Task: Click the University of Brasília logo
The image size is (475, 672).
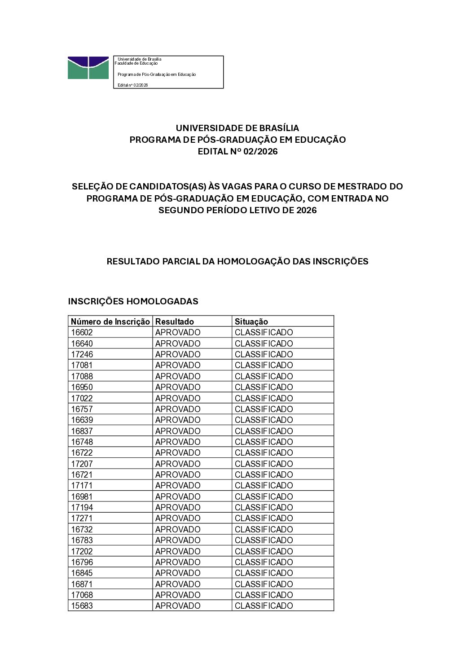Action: [x=88, y=68]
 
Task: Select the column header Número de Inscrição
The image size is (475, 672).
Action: [x=110, y=321]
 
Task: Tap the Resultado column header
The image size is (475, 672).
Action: [x=175, y=321]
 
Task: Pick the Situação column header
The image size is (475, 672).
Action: [x=251, y=321]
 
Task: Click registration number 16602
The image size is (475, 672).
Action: [x=82, y=333]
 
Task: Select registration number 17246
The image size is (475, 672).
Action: [x=82, y=354]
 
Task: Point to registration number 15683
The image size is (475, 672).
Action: [x=82, y=606]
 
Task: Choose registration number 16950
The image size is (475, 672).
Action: [x=82, y=387]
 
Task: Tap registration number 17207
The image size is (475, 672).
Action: [x=82, y=464]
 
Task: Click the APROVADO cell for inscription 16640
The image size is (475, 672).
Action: [x=178, y=343]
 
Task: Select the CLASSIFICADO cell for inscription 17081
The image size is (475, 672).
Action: [x=264, y=365]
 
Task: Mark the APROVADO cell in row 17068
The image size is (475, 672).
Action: [x=178, y=595]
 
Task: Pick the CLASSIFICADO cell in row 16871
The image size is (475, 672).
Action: [x=264, y=584]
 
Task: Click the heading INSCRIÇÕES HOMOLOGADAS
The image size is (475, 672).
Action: [x=133, y=301]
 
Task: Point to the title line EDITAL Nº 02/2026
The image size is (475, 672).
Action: [x=237, y=151]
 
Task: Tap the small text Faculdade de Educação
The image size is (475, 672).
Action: [x=136, y=63]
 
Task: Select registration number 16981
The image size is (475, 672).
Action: [x=82, y=496]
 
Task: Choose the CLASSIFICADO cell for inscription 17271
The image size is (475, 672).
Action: [x=264, y=518]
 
